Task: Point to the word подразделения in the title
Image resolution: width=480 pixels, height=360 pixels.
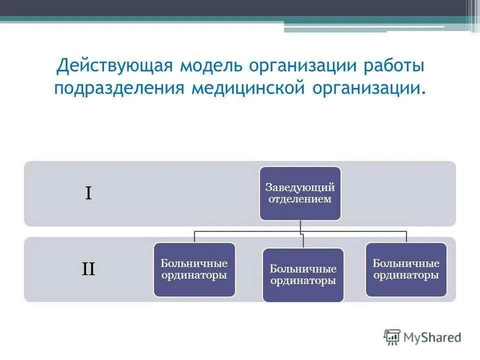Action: (119, 88)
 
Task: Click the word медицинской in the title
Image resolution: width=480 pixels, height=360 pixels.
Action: (248, 88)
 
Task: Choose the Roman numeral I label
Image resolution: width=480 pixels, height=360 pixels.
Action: (88, 193)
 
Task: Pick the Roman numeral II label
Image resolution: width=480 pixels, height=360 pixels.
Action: (88, 269)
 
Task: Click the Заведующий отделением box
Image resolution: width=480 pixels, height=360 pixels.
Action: (300, 193)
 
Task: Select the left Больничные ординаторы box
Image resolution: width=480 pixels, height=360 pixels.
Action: (194, 269)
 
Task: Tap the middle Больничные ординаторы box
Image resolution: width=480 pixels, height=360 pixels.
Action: (303, 275)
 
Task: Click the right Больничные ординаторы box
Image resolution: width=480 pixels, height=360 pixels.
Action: (406, 269)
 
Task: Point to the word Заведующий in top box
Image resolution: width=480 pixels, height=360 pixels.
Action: (300, 187)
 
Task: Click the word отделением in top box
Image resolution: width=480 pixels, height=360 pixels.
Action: (300, 199)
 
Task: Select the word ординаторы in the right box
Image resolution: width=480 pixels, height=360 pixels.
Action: (406, 275)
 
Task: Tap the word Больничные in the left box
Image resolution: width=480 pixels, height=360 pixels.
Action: (194, 263)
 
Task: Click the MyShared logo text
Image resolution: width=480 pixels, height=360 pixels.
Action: (432, 337)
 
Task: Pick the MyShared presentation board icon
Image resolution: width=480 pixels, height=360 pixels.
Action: (392, 337)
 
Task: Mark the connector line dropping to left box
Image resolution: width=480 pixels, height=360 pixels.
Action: (194, 236)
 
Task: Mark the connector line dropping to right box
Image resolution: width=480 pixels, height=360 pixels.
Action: (406, 236)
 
